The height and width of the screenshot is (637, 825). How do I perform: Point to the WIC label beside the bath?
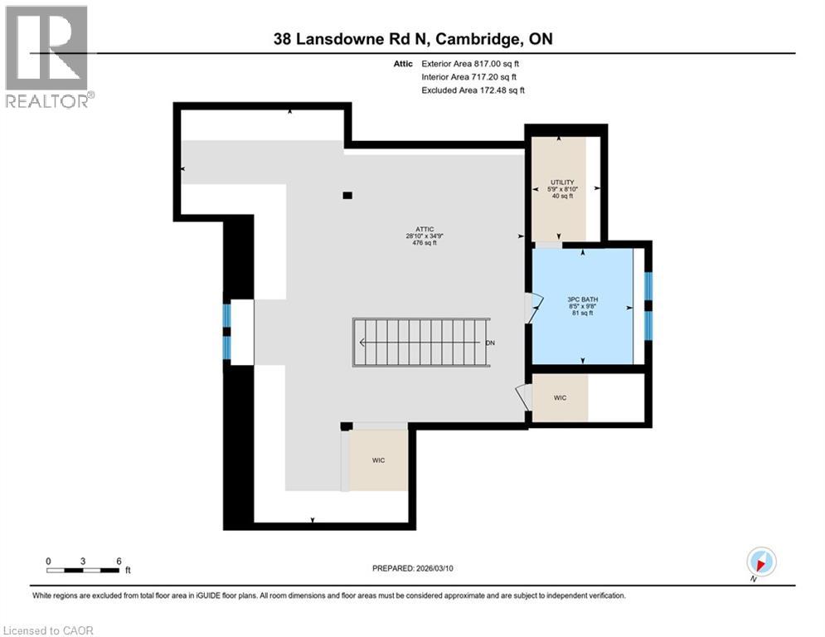tap(560, 398)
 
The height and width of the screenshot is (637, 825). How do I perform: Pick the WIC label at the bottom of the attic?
tap(378, 460)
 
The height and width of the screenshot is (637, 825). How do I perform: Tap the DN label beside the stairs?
tap(490, 343)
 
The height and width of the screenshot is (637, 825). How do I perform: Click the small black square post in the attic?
tap(347, 196)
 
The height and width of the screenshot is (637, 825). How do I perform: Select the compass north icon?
tap(760, 562)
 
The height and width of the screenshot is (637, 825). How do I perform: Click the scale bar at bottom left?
tap(83, 570)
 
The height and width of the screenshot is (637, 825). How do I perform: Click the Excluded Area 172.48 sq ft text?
tap(473, 90)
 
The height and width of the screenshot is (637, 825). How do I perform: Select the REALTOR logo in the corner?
tap(47, 56)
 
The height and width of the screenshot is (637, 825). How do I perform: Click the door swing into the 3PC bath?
tap(533, 308)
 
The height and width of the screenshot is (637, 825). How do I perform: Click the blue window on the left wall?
tap(226, 332)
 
